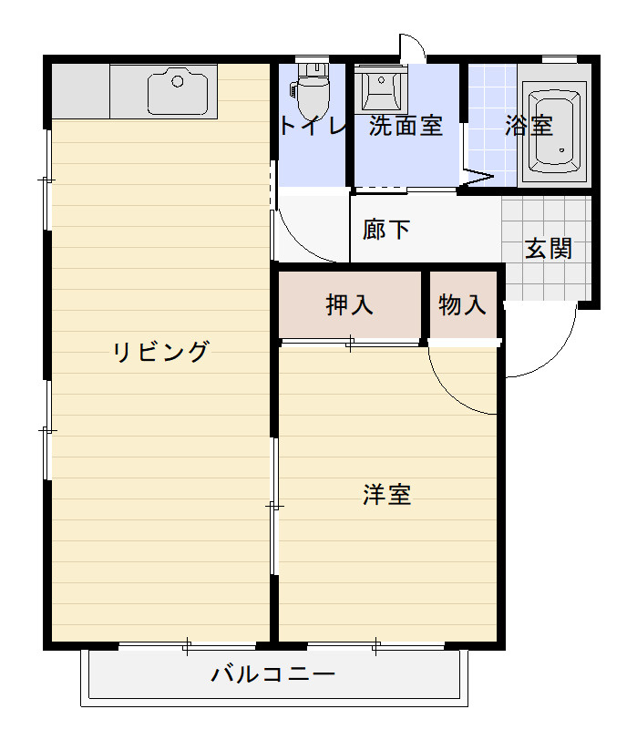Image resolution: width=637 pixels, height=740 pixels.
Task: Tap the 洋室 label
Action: (387, 495)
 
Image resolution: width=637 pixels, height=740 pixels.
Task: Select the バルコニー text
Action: (274, 675)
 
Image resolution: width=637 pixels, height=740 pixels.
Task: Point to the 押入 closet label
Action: (350, 305)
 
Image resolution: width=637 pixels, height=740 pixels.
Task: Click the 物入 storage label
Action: (463, 305)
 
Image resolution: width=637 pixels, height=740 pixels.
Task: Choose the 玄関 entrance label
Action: (549, 248)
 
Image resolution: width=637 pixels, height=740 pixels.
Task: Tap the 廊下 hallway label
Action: (386, 230)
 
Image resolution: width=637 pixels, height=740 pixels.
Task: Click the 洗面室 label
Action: (406, 126)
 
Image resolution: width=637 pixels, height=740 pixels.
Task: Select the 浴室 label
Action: (529, 126)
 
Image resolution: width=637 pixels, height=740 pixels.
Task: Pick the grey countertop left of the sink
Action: (81, 91)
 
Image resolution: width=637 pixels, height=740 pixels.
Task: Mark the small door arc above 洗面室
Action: (412, 46)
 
